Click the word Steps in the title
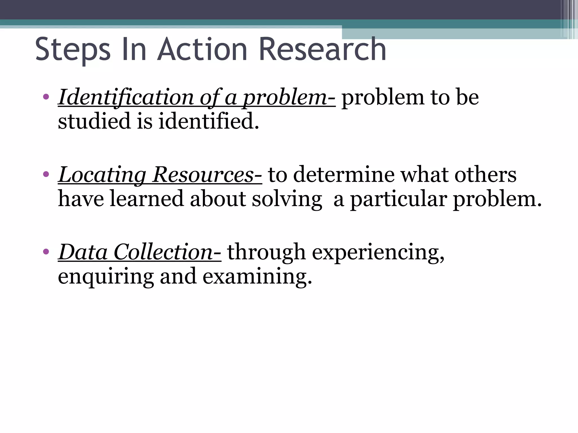tap(73, 50)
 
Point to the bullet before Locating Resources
tap(46, 174)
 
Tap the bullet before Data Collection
tap(46, 251)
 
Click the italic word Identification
tap(126, 97)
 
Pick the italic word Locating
tap(102, 175)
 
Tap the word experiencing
tap(378, 253)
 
